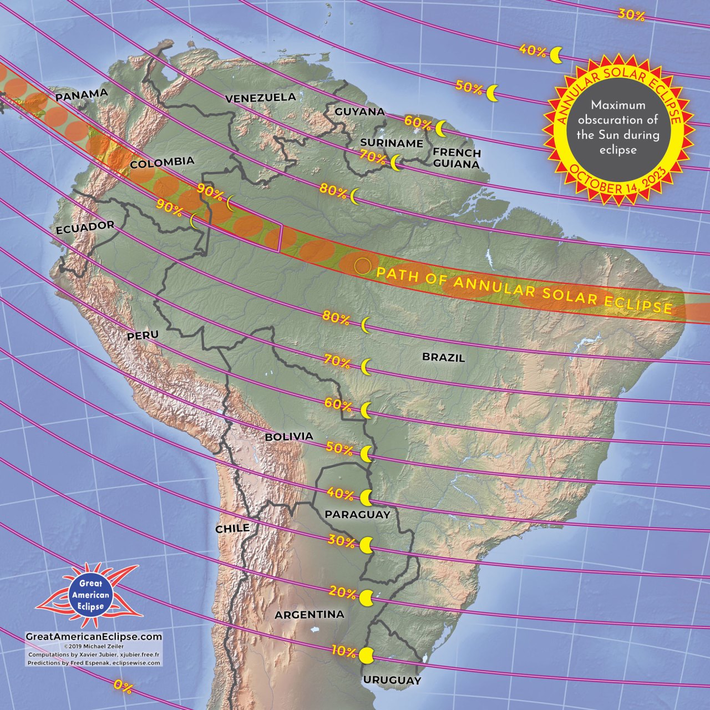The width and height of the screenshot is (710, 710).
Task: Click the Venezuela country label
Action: coord(260,98)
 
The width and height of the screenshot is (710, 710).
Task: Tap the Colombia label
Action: coord(162,163)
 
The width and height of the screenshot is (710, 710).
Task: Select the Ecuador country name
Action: coord(85,227)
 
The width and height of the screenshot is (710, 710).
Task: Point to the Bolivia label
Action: coord(289,437)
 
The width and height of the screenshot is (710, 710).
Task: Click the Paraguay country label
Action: coord(357,514)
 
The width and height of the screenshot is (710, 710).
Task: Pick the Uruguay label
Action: coord(392,680)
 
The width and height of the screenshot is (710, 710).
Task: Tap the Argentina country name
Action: coord(309,615)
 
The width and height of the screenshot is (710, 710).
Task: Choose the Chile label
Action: coord(232,529)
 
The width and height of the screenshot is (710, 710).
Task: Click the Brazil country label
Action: coord(443,357)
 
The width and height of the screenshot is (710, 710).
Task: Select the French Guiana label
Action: coord(457,158)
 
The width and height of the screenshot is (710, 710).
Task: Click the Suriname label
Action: coord(391,143)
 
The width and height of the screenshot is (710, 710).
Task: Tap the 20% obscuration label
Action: coord(342,592)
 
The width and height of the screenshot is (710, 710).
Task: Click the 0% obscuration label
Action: coord(123,687)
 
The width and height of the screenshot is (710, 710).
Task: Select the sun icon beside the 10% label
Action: coord(366,656)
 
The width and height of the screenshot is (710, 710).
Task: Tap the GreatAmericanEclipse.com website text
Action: coord(94,637)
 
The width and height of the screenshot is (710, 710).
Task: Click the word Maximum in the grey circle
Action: coord(618,105)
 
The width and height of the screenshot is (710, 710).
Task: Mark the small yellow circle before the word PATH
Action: coord(362,266)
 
